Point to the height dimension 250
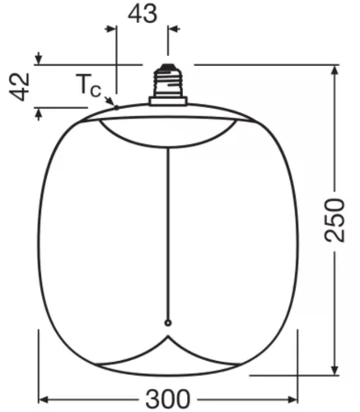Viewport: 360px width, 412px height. tap(334, 218)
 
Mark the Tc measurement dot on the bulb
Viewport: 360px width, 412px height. tap(116, 106)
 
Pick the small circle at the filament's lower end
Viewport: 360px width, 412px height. tap(168, 322)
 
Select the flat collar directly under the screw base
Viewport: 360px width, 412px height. tap(168, 101)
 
